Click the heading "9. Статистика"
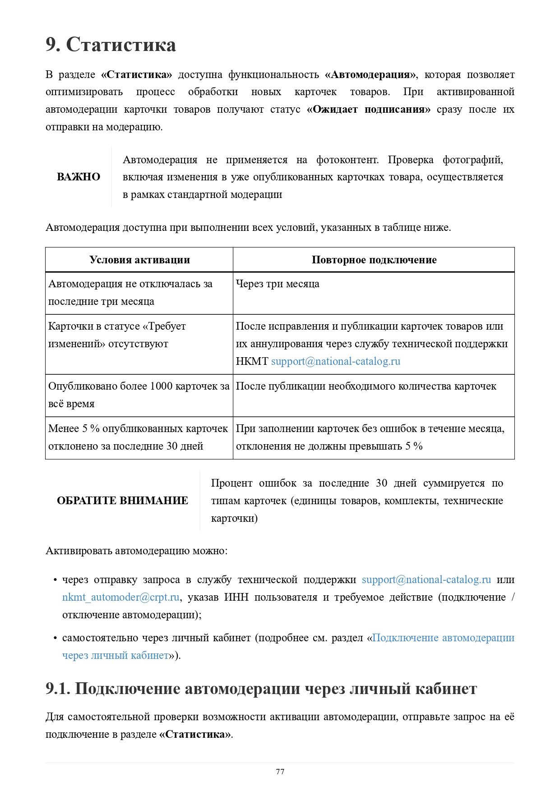(x=111, y=45)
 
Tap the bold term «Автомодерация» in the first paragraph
(x=370, y=75)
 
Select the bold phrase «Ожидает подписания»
(x=368, y=110)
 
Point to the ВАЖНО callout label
(x=79, y=177)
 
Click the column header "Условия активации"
(x=139, y=260)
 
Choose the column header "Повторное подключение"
(x=374, y=260)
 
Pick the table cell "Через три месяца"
(x=278, y=284)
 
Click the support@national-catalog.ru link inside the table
(x=336, y=362)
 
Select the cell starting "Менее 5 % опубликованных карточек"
(x=138, y=437)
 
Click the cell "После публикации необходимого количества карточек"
(x=366, y=386)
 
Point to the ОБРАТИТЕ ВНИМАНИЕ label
(x=122, y=501)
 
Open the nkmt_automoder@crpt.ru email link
(x=121, y=598)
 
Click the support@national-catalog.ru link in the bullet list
(x=426, y=580)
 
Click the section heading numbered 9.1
(x=261, y=689)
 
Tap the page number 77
(x=280, y=772)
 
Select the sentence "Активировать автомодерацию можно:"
(x=137, y=551)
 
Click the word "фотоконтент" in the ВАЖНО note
(x=347, y=160)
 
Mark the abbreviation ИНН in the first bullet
(x=236, y=598)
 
